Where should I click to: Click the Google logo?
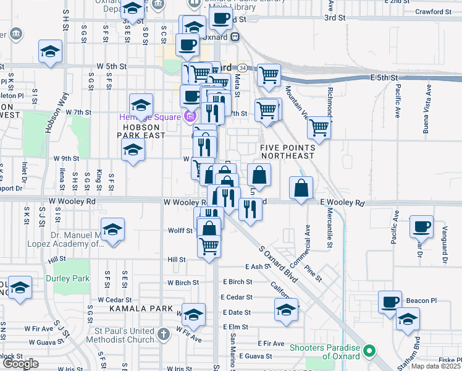(20, 364)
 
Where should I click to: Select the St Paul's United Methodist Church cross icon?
(163, 335)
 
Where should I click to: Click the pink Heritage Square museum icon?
(190, 117)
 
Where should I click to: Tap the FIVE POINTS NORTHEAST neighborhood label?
(287, 152)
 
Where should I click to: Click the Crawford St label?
(438, 12)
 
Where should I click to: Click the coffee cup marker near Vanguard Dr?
(421, 227)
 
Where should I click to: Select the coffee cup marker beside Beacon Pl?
(390, 302)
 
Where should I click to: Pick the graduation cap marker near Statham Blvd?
(408, 320)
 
